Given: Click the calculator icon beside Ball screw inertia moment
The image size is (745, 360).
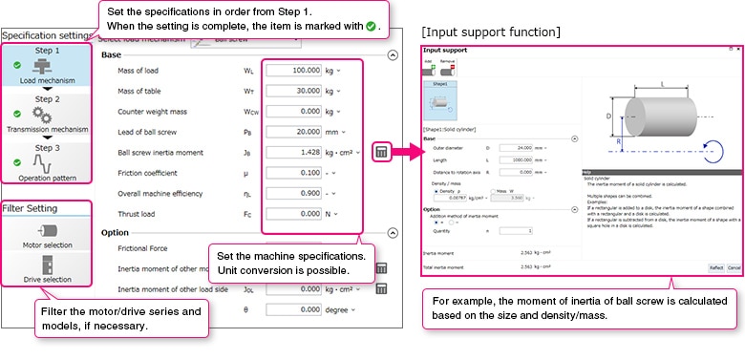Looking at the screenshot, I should click(x=381, y=152).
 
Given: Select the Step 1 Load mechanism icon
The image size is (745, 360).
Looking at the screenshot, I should click(x=44, y=67).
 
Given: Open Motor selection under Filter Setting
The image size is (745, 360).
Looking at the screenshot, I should click(x=45, y=235).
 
